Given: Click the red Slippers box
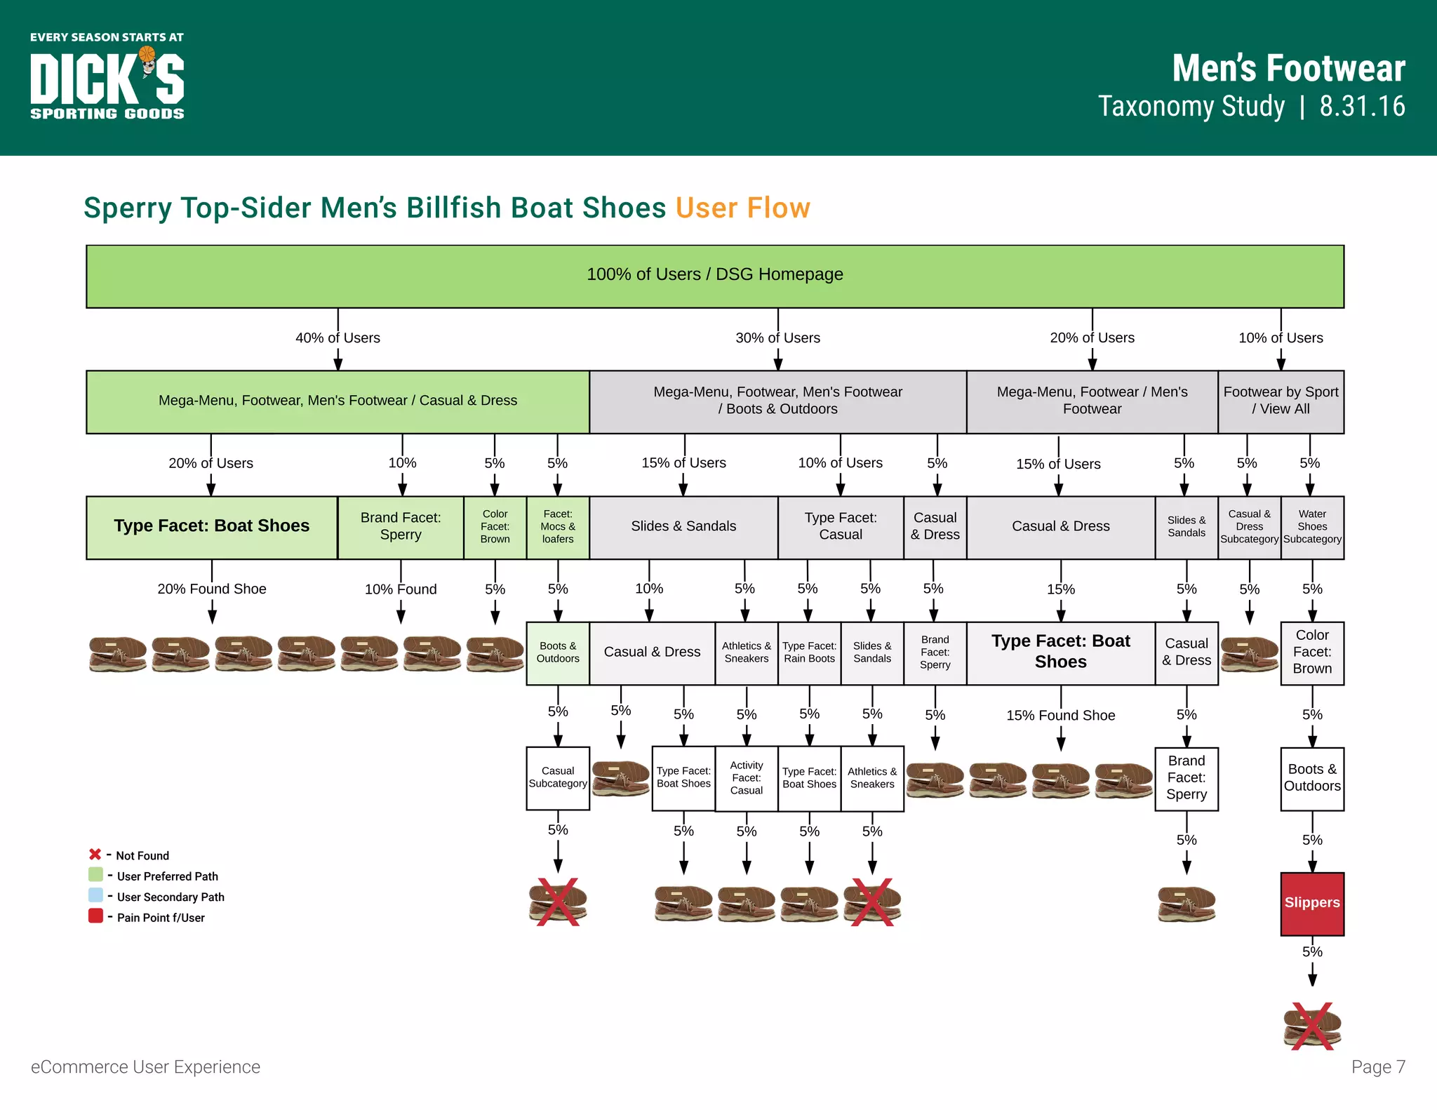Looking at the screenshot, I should [1311, 903].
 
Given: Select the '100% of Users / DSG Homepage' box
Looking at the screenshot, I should [714, 276].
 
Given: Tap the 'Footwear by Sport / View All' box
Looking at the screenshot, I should [1281, 401].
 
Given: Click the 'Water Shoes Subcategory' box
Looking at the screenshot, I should [1312, 527].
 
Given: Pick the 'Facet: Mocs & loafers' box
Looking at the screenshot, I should [558, 527].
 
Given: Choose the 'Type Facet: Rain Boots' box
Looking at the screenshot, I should [809, 653].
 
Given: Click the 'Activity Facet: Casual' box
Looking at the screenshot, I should [746, 778].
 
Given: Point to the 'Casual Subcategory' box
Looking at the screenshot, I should [558, 778].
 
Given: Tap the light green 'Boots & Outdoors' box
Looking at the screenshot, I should [558, 653].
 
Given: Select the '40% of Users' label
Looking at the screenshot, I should [337, 338].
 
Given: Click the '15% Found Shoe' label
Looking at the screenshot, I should [1060, 716].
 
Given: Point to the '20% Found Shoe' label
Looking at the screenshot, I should [211, 589].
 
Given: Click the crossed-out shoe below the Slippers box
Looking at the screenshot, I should [1311, 1027].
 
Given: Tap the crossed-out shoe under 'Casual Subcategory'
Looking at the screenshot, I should [558, 902].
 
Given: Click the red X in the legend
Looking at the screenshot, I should [95, 855].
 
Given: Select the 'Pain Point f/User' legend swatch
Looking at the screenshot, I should [95, 916].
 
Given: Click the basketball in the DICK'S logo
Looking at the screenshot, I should [147, 55].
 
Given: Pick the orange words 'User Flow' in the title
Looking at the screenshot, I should [742, 208].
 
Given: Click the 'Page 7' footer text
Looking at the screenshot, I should [1378, 1067].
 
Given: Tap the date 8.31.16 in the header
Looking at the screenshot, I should [1362, 107].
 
